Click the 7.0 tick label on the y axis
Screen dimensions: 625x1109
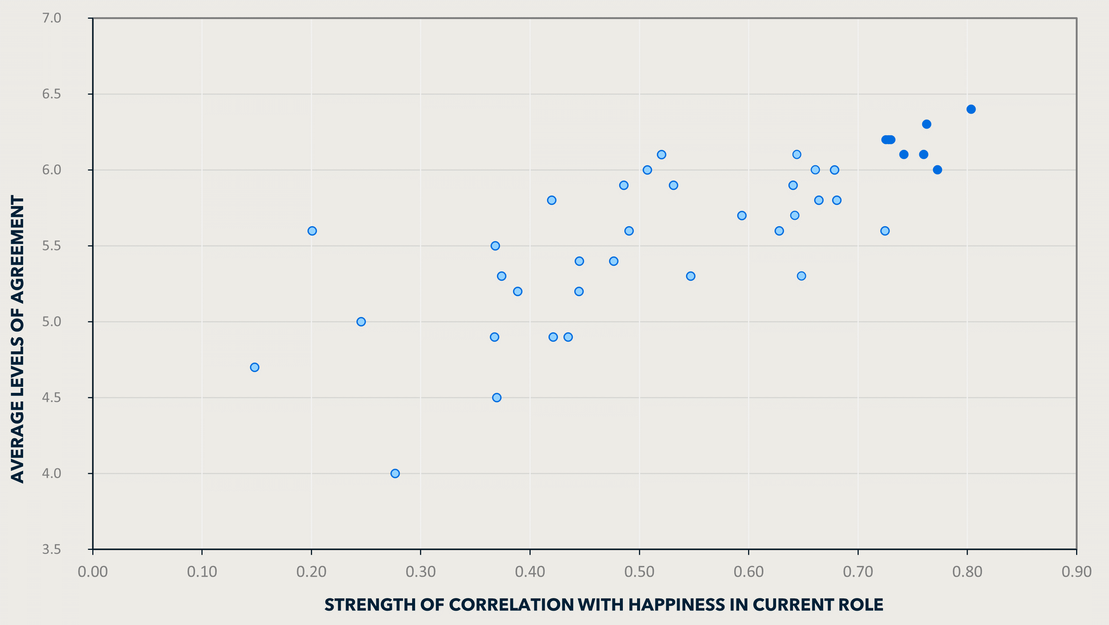pyautogui.click(x=52, y=18)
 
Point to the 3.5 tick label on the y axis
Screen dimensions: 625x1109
pyautogui.click(x=52, y=549)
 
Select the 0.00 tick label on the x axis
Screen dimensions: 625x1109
pyautogui.click(x=93, y=572)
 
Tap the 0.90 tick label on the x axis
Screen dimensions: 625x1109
pyautogui.click(x=1076, y=572)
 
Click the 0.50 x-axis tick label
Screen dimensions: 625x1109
pyautogui.click(x=639, y=572)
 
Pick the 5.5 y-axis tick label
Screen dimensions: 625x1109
pyautogui.click(x=52, y=246)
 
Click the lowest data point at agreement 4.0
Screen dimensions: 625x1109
pyautogui.click(x=395, y=473)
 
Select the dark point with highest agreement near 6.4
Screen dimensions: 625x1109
pyautogui.click(x=971, y=110)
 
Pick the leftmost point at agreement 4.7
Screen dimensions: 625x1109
pyautogui.click(x=254, y=367)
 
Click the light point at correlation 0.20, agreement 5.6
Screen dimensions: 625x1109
pyautogui.click(x=312, y=231)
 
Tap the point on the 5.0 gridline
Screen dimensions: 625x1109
pyautogui.click(x=361, y=322)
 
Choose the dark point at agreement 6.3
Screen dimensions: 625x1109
pyautogui.click(x=926, y=124)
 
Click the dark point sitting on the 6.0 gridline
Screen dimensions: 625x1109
pyautogui.click(x=937, y=170)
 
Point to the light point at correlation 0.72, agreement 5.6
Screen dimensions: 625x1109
pyautogui.click(x=885, y=231)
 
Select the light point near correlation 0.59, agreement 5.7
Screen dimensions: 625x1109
pyautogui.click(x=741, y=215)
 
